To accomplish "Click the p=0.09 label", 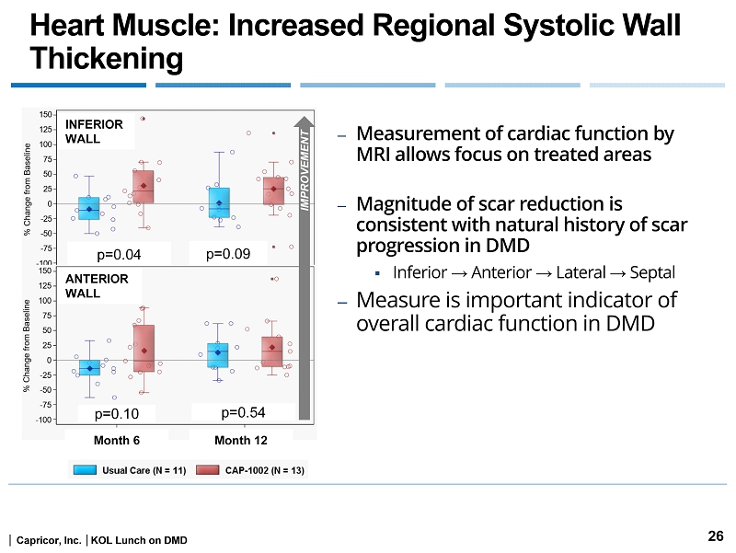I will [x=228, y=252].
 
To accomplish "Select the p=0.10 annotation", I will [x=119, y=415].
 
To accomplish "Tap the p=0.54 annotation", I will [x=245, y=414].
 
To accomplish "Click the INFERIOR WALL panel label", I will [x=82, y=132].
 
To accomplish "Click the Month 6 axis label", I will [x=116, y=441].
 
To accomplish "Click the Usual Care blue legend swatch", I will [x=85, y=470].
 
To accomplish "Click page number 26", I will [x=715, y=536].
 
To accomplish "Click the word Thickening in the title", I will [x=107, y=59].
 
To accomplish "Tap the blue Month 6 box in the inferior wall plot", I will [x=89, y=208].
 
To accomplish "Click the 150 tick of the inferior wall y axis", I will [x=45, y=114].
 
